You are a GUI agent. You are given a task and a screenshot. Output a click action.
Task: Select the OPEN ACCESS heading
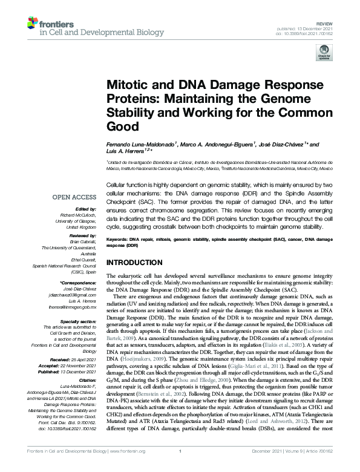(x=75, y=197)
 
